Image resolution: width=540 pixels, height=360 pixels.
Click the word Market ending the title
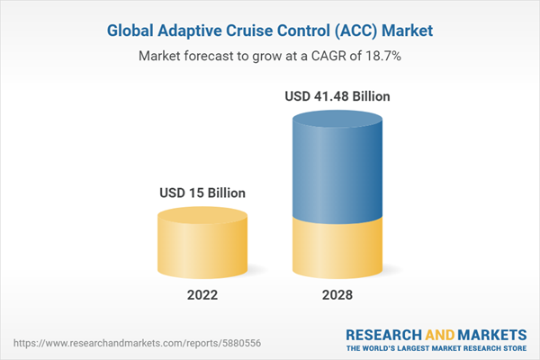pyautogui.click(x=405, y=31)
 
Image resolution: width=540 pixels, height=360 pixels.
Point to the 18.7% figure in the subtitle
pyautogui.click(x=382, y=56)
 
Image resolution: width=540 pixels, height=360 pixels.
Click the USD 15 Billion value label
pyautogui.click(x=202, y=193)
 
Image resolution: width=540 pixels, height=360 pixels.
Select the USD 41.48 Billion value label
pyautogui.click(x=337, y=95)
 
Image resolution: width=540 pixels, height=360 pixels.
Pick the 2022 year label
pyautogui.click(x=202, y=294)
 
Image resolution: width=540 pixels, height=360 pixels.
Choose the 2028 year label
pyautogui.click(x=337, y=294)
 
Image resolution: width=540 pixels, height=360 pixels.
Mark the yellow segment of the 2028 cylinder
pyautogui.click(x=337, y=247)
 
